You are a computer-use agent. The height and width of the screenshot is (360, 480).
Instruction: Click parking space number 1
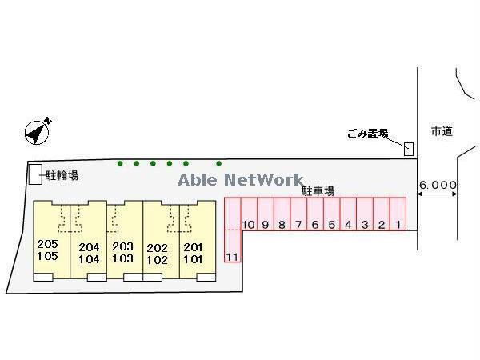398,225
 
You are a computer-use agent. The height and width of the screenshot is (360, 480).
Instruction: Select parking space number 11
233,256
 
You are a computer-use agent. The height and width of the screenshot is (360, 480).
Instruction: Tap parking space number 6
314,225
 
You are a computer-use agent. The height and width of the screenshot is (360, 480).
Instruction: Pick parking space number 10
248,225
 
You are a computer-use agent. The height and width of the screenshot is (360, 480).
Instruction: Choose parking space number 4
348,225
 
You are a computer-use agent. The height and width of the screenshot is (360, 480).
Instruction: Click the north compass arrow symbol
38,132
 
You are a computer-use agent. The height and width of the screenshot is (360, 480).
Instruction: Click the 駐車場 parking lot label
318,191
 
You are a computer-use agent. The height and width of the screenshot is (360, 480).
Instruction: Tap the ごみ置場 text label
368,134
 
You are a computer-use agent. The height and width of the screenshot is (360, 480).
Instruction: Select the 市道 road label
441,131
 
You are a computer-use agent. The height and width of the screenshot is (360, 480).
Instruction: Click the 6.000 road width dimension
438,185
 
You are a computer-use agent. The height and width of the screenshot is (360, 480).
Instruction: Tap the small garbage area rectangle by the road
409,148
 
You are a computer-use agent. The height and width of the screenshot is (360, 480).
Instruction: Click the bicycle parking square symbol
35,175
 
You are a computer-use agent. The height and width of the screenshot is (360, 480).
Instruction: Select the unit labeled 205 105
48,250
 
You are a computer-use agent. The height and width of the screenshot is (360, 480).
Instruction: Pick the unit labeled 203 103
122,253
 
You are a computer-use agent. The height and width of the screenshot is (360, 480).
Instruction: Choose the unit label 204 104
89,253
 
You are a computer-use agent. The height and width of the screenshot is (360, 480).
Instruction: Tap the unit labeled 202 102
158,253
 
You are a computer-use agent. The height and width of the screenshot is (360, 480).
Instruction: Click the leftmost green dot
120,164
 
